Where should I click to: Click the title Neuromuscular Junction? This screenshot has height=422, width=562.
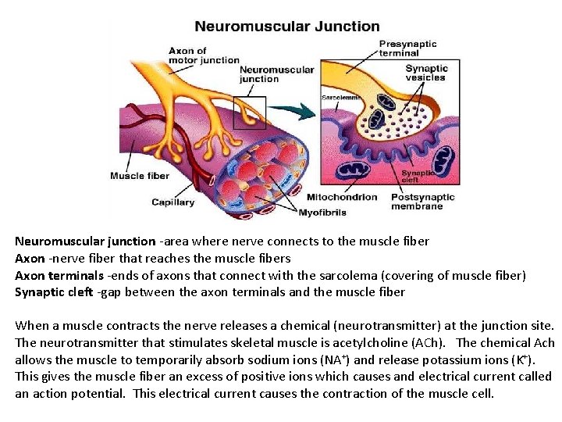point(286,26)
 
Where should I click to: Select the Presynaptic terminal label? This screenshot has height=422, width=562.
point(407,48)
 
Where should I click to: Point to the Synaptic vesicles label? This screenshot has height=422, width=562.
point(425,73)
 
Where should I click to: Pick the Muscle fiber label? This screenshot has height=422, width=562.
point(140,176)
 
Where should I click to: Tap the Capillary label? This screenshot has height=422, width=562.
point(173,202)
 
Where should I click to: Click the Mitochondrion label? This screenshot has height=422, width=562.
point(343,197)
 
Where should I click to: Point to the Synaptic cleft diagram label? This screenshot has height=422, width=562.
point(416,177)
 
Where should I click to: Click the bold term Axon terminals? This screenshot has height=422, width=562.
point(59,275)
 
